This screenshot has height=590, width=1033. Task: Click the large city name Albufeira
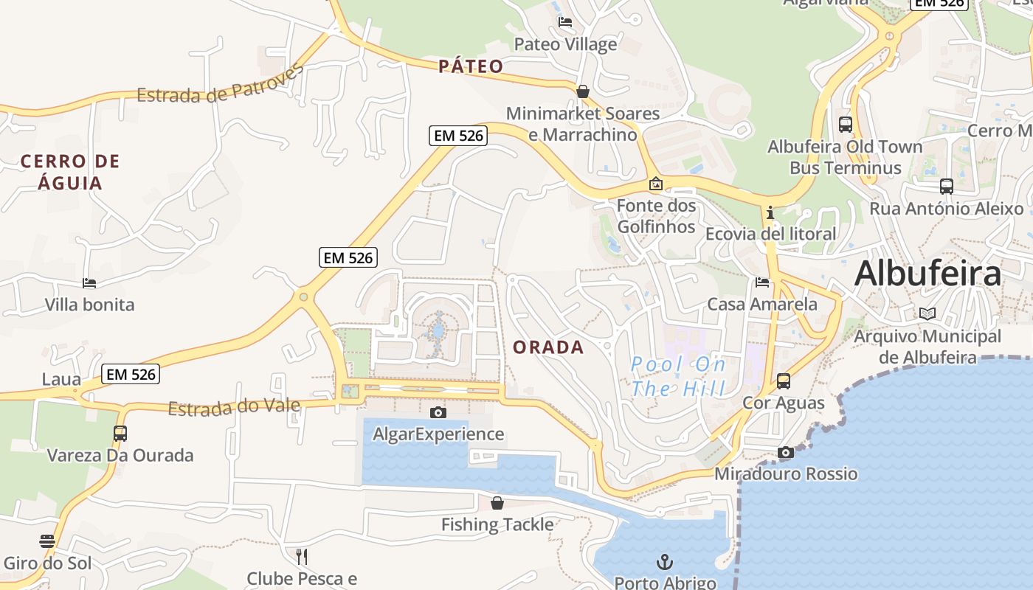(927, 274)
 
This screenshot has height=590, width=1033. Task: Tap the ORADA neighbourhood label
(548, 347)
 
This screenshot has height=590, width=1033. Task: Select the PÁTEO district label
(471, 67)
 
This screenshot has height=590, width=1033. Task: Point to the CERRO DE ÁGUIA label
(70, 172)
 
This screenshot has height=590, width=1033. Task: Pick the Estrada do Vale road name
(234, 407)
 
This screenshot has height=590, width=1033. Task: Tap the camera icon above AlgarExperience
(438, 412)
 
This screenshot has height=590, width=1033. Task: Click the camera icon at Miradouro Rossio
(786, 452)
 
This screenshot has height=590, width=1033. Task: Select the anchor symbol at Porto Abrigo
(665, 562)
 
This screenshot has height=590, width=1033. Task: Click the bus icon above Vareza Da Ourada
(120, 433)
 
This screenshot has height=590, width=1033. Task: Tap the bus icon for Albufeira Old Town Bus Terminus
(846, 124)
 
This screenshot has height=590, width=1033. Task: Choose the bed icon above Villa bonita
(89, 282)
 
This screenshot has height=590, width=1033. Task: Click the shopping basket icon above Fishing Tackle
(497, 503)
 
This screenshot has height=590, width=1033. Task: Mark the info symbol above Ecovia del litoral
(770, 212)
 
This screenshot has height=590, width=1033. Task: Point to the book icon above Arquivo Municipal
(927, 313)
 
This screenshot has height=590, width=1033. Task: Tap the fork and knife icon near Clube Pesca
(301, 556)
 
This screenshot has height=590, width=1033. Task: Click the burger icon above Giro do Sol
(47, 541)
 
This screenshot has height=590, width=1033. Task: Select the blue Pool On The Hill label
(679, 376)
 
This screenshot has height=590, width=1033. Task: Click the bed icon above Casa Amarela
(762, 282)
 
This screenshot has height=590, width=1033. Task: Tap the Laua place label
(61, 380)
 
